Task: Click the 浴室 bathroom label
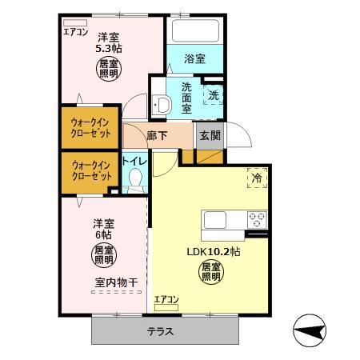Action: pos(194,58)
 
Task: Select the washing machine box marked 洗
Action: pos(213,94)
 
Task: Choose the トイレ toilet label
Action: pos(134,162)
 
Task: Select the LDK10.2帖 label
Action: pos(214,250)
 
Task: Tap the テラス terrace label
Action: pos(166,331)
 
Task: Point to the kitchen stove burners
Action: pos(257,218)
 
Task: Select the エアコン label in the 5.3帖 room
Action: pos(75,32)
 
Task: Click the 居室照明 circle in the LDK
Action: pos(210,272)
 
